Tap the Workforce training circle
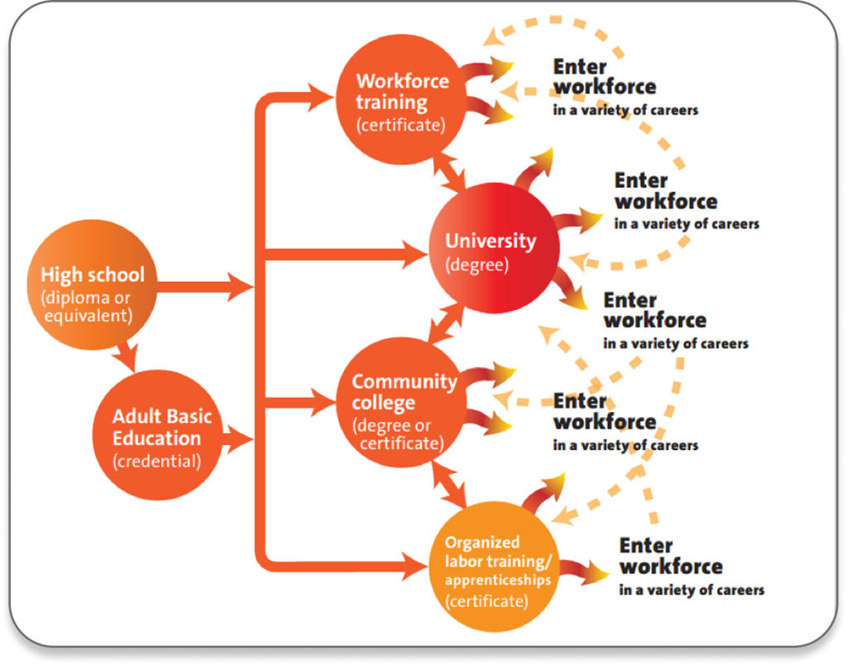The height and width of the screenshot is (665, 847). coord(403,102)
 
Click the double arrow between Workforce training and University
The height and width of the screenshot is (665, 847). coord(451,171)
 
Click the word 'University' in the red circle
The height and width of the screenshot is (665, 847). coord(490,242)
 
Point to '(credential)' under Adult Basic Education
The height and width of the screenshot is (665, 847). coord(156,461)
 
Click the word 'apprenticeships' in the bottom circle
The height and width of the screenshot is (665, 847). coord(497,580)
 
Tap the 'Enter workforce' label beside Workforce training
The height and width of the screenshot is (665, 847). coord(604,76)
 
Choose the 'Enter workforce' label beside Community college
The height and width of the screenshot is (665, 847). coord(604,411)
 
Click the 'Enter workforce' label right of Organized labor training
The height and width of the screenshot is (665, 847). coord(670,556)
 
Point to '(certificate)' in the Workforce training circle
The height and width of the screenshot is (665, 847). coord(400,125)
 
